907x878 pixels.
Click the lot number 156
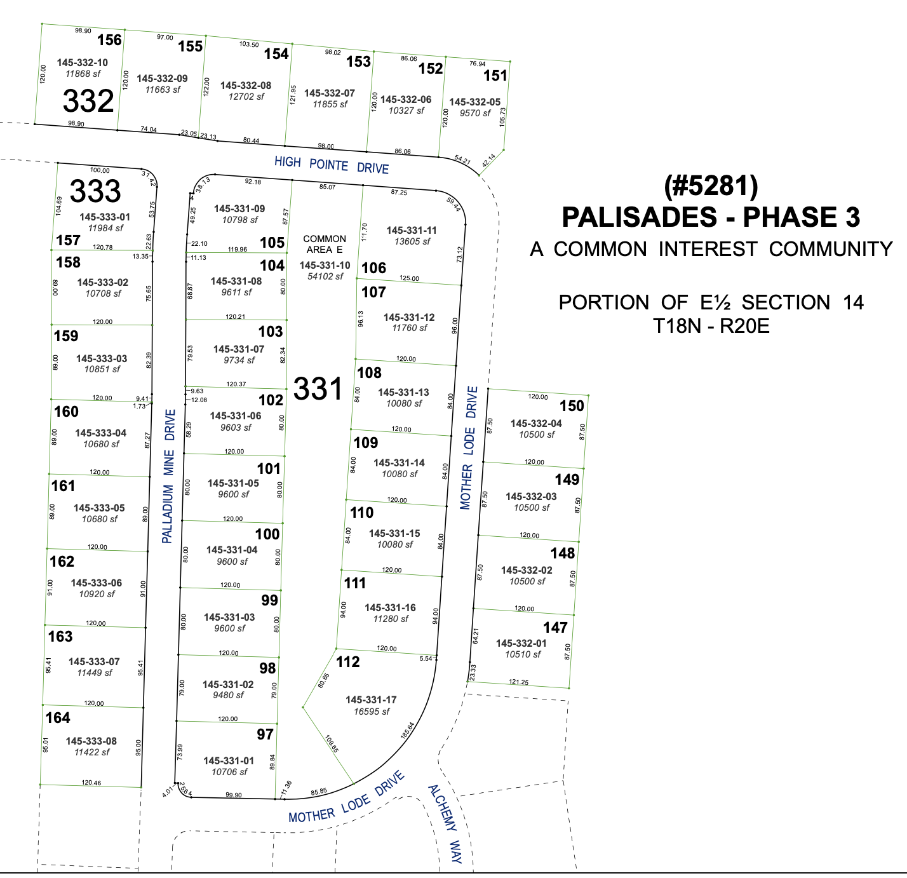coord(109,40)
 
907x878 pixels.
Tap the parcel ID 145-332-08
coord(246,85)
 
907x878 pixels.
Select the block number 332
coord(88,102)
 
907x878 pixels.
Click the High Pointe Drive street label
coord(332,165)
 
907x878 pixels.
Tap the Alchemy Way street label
coord(445,824)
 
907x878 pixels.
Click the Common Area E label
coord(325,244)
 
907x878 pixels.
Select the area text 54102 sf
coord(325,276)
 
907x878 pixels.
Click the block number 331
coord(318,389)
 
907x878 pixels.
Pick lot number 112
coord(348,662)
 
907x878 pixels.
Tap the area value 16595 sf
coord(372,712)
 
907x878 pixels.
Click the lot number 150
coord(572,406)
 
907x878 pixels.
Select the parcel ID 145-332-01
coord(521,643)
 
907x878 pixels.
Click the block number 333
coord(95,191)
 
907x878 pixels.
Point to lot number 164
coord(58,718)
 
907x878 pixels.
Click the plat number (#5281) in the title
coord(711,186)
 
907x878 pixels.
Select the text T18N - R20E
coord(711,326)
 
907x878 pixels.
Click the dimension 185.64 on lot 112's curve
coord(408,730)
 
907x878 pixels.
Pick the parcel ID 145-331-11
coord(412,230)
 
